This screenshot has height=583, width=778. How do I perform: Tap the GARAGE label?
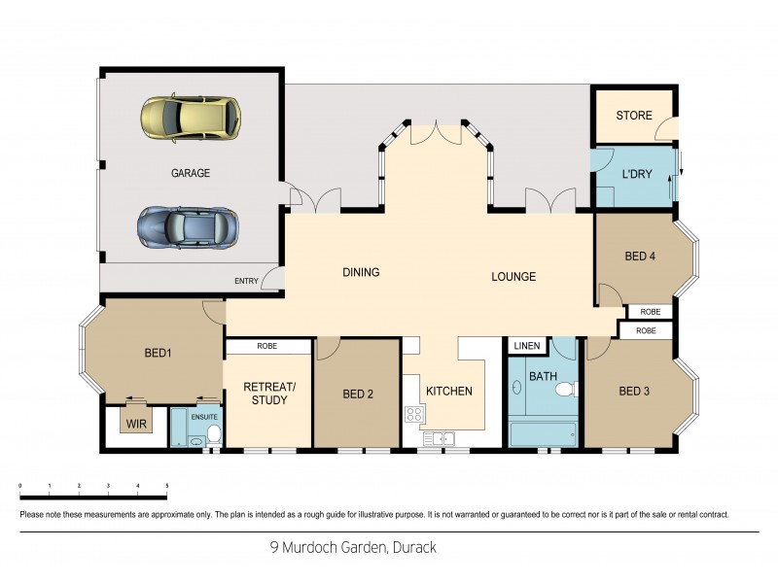[x=191, y=173]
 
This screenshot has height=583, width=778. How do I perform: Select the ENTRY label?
[x=246, y=281]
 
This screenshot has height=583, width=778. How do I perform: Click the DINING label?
[x=360, y=273]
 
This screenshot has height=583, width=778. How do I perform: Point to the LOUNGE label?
[x=513, y=277]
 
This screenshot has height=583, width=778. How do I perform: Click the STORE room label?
[x=634, y=116]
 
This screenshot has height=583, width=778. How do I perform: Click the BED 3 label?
[x=634, y=392]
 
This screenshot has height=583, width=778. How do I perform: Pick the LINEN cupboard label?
[x=526, y=346]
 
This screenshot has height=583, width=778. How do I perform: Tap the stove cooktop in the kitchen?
[x=413, y=414]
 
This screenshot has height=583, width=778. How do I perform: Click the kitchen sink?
[x=444, y=438]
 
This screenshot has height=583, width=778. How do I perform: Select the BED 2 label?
[x=358, y=394]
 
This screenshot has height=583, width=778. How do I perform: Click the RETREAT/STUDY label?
[x=266, y=394]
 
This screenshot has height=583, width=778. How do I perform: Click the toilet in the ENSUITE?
[x=213, y=435]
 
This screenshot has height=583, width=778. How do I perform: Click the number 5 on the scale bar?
[x=166, y=484]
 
